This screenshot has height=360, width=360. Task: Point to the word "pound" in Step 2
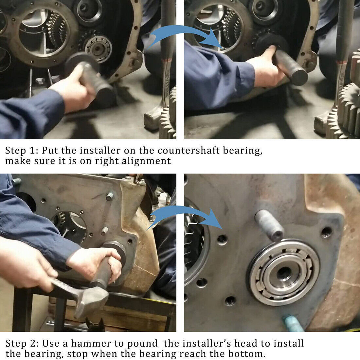(x=142, y=344)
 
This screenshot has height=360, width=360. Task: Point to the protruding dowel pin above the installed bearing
(x=269, y=225)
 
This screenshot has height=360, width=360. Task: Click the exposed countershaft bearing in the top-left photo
(x=98, y=49)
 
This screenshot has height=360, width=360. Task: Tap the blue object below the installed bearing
(x=294, y=324)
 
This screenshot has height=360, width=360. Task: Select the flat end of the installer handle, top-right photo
(x=298, y=77)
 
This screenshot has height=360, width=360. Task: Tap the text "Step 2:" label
(x=22, y=344)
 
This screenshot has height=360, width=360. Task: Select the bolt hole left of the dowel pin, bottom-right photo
(x=222, y=240)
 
